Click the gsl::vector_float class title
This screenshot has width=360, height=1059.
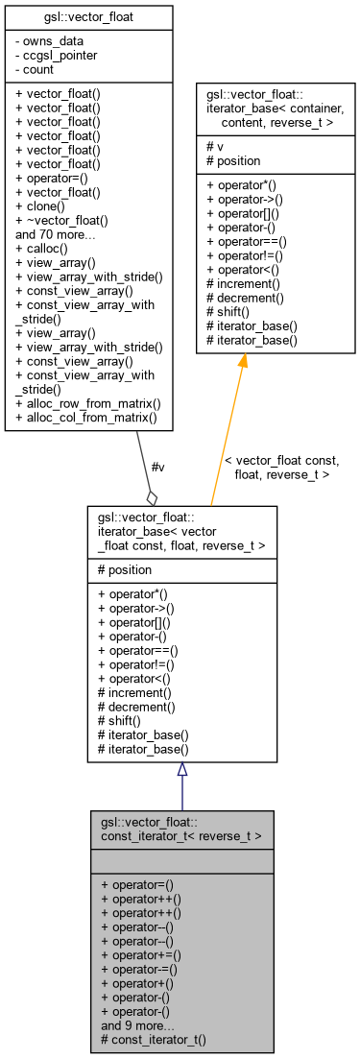click(88, 18)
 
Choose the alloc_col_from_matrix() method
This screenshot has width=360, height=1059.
click(86, 420)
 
